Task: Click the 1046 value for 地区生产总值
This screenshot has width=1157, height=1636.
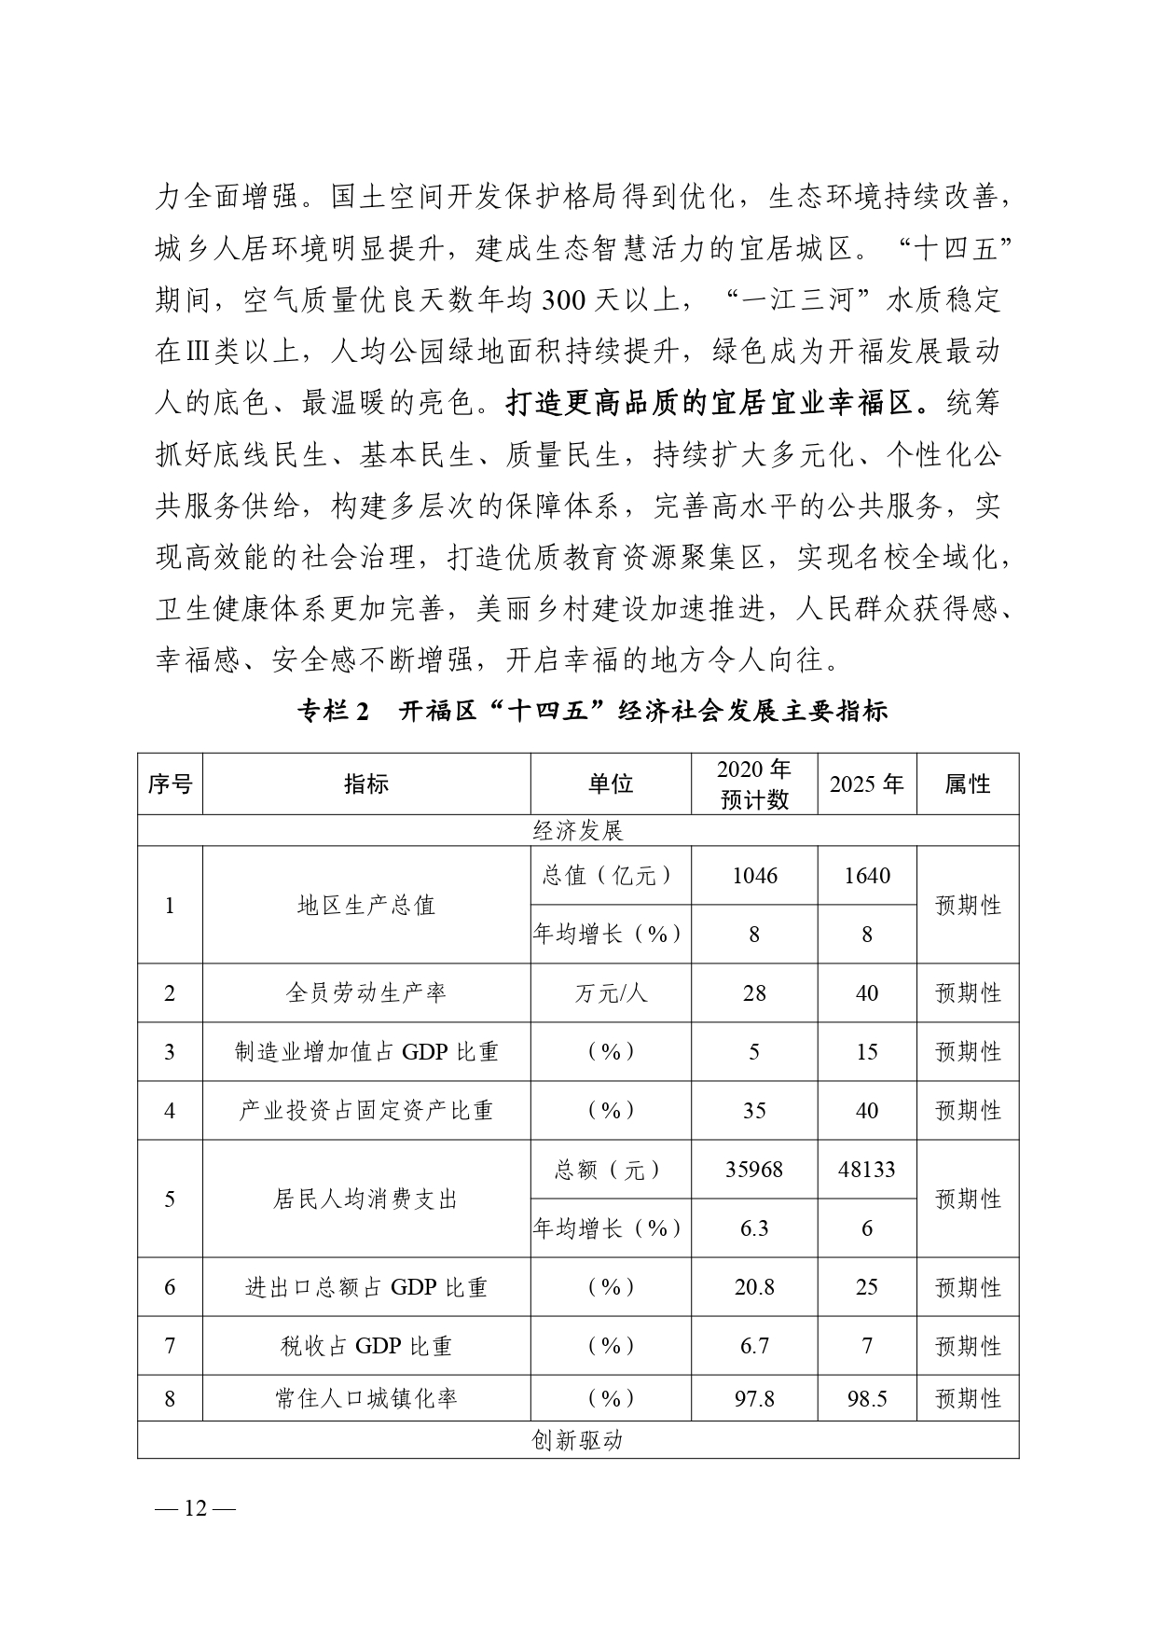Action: point(754,876)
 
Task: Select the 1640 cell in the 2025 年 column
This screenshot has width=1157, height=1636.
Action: point(866,876)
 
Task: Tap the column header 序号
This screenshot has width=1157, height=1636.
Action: point(170,784)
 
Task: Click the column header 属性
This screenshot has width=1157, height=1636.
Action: point(967,784)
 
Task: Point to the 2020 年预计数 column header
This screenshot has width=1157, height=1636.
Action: point(754,784)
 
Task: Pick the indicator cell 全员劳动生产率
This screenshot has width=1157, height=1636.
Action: point(365,993)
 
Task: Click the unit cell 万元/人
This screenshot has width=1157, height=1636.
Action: point(611,993)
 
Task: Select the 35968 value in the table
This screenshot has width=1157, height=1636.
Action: point(754,1170)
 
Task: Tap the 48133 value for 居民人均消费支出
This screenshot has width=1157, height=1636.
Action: point(866,1170)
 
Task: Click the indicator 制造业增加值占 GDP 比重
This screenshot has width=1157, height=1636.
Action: point(365,1052)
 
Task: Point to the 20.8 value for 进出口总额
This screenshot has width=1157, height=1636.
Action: point(754,1287)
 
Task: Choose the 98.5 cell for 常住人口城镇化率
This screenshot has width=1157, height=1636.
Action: point(866,1399)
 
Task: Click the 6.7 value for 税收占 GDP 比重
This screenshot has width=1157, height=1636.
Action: point(754,1346)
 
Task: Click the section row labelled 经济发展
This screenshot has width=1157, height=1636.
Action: point(577,831)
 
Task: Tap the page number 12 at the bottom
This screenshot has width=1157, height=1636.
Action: point(196,1509)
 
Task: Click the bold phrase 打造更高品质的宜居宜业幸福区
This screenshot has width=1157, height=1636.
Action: point(718,403)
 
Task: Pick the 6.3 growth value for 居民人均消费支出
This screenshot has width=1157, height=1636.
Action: point(754,1228)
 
